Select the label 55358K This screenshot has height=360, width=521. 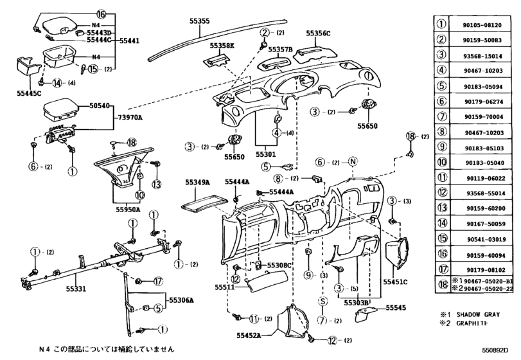[224, 46]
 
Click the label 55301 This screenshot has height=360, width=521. [267, 155]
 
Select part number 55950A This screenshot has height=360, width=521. [128, 209]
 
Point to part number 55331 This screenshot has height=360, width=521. [80, 290]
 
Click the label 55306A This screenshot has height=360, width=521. [182, 300]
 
